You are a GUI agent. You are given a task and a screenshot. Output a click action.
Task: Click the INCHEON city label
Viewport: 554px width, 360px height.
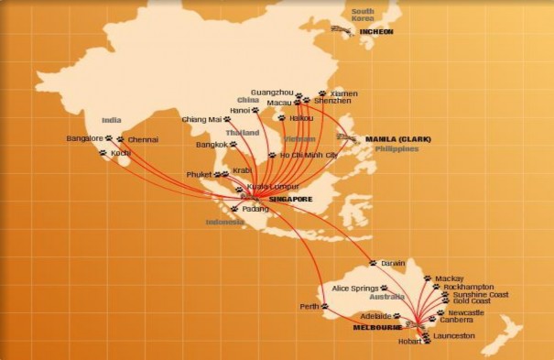pos(375,31)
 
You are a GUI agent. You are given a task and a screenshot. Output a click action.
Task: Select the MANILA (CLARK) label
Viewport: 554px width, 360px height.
pos(397,139)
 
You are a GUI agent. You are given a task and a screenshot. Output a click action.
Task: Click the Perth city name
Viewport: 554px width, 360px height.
pos(308,307)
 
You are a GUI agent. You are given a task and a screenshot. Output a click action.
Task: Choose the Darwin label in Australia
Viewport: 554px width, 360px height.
pos(392,263)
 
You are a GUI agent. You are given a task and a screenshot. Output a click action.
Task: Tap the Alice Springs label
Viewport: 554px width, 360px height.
pos(353,289)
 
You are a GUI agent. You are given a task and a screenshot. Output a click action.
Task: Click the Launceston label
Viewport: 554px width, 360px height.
pos(454,336)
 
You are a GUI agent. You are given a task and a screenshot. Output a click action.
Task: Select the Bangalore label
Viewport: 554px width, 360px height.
pos(84,138)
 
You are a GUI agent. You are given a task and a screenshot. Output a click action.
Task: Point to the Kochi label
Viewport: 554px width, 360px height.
pos(120,153)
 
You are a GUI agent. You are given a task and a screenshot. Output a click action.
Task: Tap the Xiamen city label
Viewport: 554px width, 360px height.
pos(344,93)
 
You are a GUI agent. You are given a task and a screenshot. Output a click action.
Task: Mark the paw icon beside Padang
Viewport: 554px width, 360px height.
pos(235,209)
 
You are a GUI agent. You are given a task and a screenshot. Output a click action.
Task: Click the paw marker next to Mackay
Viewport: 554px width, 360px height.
pos(427,278)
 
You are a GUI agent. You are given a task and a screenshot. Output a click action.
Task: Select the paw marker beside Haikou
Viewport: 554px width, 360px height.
pos(281,117)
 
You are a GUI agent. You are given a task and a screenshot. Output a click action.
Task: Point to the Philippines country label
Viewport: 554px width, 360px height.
pos(396,148)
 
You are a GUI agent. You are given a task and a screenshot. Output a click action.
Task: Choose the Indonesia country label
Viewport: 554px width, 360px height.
pos(224,222)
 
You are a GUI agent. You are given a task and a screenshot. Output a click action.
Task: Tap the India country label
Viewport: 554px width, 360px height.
pos(112,120)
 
